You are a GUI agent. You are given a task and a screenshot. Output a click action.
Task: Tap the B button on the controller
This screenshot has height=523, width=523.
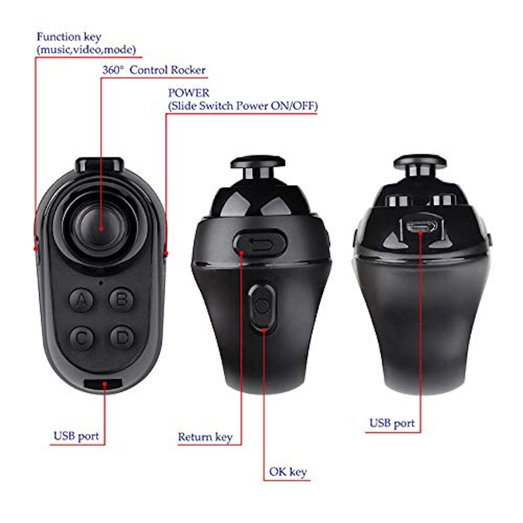tap(122, 299)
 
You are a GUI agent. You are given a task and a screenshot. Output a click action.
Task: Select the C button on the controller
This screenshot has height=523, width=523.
tap(82, 338)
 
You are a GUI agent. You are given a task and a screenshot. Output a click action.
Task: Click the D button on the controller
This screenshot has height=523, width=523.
tap(122, 338)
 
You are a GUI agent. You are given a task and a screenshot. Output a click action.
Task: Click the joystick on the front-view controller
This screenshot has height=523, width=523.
tap(101, 228)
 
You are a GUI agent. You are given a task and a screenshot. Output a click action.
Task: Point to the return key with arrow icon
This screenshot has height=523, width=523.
tap(260, 243)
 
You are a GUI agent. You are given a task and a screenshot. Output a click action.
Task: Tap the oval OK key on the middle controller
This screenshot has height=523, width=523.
tap(262, 307)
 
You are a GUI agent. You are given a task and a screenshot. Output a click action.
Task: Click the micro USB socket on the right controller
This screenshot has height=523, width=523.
tap(421, 226)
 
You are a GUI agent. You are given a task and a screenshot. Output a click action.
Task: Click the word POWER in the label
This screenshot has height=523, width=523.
tap(189, 92)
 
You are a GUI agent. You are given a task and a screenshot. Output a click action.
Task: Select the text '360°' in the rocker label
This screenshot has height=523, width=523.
tap(112, 70)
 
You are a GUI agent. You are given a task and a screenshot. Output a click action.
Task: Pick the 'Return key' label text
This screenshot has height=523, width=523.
tap(205, 437)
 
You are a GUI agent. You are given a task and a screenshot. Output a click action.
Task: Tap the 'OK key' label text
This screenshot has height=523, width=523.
tap(288, 472)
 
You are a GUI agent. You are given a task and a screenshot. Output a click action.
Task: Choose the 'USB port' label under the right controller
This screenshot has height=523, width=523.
tap(392, 424)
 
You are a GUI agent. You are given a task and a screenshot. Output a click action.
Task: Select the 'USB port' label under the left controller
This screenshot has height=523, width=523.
tap(76, 436)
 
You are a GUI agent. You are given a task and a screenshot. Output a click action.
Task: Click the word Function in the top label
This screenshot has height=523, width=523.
tap(59, 37)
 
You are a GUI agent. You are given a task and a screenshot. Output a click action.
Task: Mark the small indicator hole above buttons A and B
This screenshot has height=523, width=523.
tap(101, 283)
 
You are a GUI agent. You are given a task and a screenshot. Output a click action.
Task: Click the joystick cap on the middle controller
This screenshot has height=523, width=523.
tap(258, 161)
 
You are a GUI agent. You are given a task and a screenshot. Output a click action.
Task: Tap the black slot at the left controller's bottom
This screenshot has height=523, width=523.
tap(103, 384)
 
